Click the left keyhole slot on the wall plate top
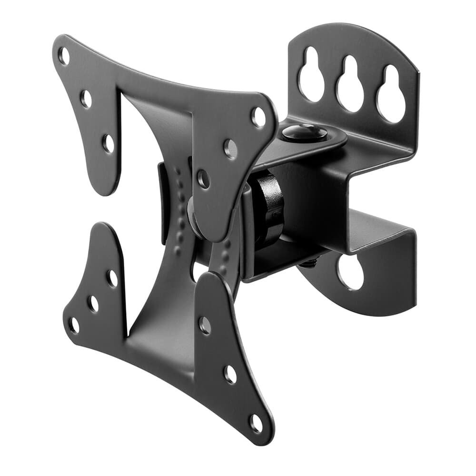312,76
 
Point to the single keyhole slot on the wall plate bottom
351,272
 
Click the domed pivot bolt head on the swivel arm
305,132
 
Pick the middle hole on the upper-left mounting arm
86,99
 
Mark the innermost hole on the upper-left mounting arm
109,143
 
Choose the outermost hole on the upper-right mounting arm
258,117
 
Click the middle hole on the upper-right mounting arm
231,149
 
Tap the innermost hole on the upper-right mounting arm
203,179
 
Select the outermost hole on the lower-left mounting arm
74,325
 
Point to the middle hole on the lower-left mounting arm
93,303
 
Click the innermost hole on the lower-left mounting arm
112,279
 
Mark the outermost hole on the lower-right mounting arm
257,423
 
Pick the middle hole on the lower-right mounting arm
230,374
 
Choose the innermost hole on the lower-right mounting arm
205,325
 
